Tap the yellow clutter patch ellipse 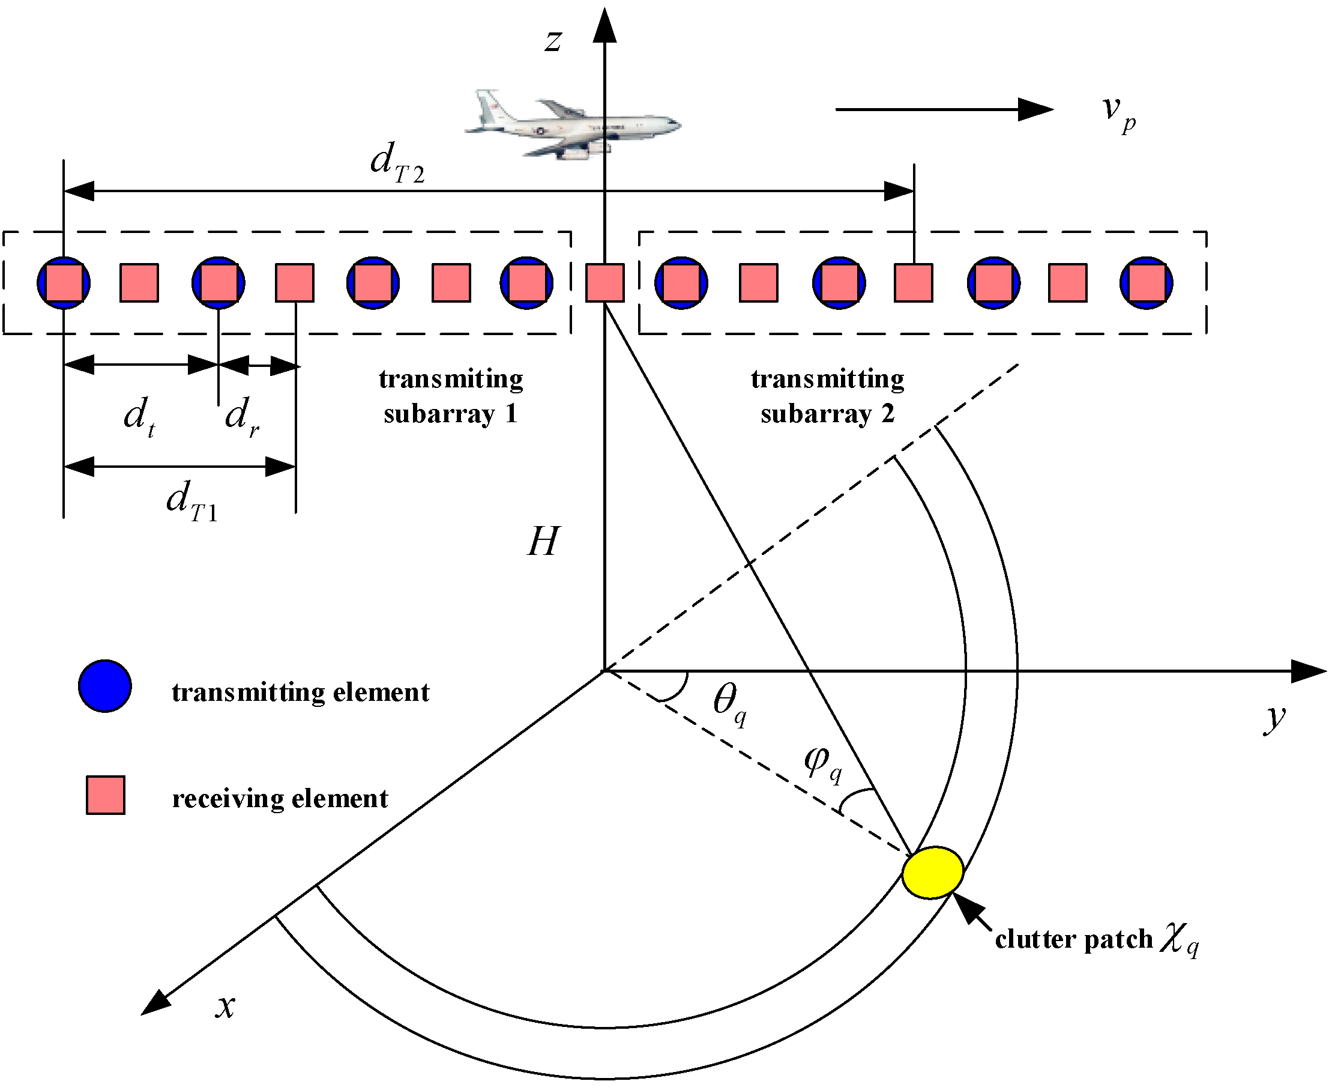tap(932, 873)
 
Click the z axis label tap(552, 41)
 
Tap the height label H tap(542, 542)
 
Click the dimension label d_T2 tap(397, 163)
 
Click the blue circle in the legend tap(104, 686)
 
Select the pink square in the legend tap(105, 795)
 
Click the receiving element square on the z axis tap(604, 283)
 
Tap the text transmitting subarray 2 tap(828, 396)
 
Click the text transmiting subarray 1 tap(451, 396)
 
